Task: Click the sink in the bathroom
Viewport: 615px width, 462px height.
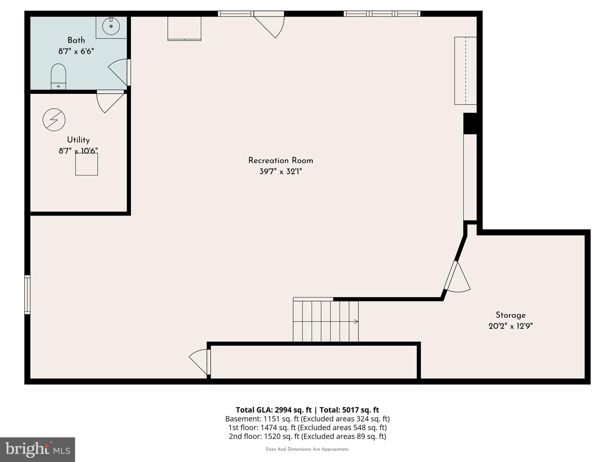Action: [x=111, y=26]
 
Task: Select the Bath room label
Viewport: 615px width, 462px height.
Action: [x=76, y=40]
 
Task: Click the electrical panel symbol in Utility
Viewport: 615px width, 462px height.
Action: [x=54, y=120]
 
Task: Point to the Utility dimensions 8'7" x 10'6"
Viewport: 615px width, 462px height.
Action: [x=78, y=151]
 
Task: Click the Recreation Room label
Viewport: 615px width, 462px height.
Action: [x=280, y=161]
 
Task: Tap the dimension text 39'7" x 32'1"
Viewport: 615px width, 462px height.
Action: [x=280, y=172]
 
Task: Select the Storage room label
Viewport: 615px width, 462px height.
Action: [x=510, y=315]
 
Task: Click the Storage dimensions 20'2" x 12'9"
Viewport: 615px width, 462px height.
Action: [x=510, y=326]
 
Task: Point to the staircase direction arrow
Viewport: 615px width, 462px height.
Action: [x=356, y=322]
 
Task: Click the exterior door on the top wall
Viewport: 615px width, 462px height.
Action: [x=269, y=24]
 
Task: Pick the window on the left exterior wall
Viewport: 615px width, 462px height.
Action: [x=27, y=295]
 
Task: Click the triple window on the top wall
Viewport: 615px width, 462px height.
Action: [x=382, y=14]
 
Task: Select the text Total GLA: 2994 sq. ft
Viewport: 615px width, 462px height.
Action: [x=274, y=410]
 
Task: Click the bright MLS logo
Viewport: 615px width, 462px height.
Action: [x=38, y=449]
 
